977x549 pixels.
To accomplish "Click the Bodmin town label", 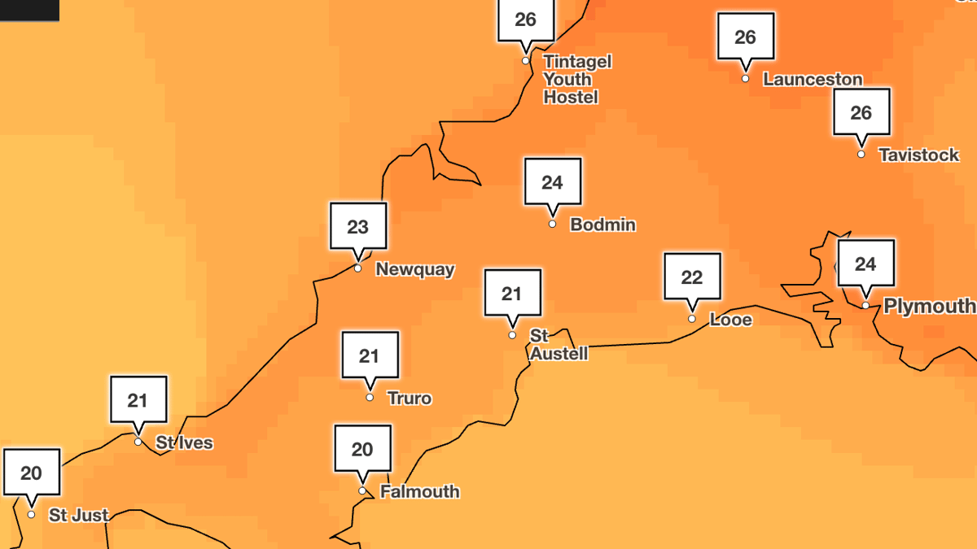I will (x=602, y=224).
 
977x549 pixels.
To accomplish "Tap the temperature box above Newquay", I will (x=358, y=226).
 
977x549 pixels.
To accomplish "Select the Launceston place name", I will (x=813, y=80).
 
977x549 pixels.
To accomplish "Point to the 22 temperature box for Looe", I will (x=692, y=277).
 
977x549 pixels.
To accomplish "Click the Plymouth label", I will (x=929, y=307).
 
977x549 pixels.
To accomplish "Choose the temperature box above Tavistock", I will (x=861, y=112).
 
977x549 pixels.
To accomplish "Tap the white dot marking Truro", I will (x=370, y=398).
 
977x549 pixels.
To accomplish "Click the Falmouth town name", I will (x=419, y=492).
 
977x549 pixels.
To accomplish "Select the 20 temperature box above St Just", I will (x=32, y=473).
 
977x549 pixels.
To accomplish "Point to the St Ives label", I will (x=185, y=443).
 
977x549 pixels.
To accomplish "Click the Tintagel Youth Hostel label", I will (x=576, y=80).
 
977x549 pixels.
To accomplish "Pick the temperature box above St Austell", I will (x=512, y=293).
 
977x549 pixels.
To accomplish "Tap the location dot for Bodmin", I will (x=553, y=224).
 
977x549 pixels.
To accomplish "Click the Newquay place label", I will (x=414, y=269).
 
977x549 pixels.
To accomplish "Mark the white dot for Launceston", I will (x=745, y=79).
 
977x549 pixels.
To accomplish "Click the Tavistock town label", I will (x=918, y=155).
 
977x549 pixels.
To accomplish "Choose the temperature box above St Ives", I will (x=138, y=399).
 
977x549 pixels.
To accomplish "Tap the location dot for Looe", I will (x=692, y=319).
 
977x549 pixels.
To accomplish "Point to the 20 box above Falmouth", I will (x=362, y=449).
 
